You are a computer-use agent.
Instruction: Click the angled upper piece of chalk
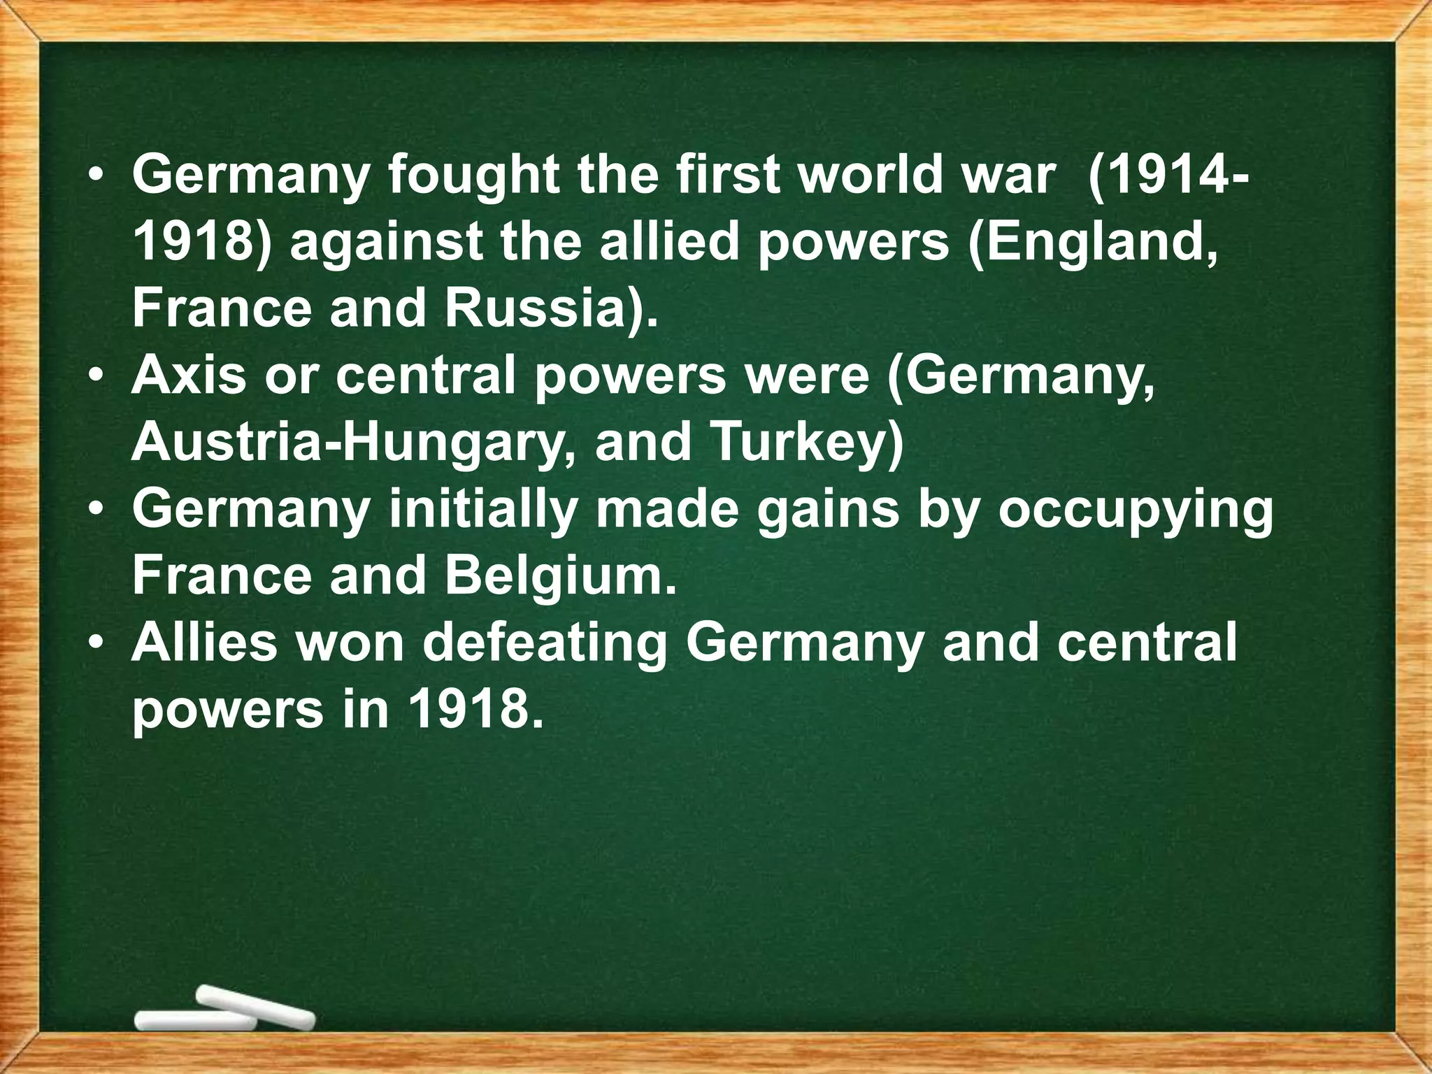point(255,1005)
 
